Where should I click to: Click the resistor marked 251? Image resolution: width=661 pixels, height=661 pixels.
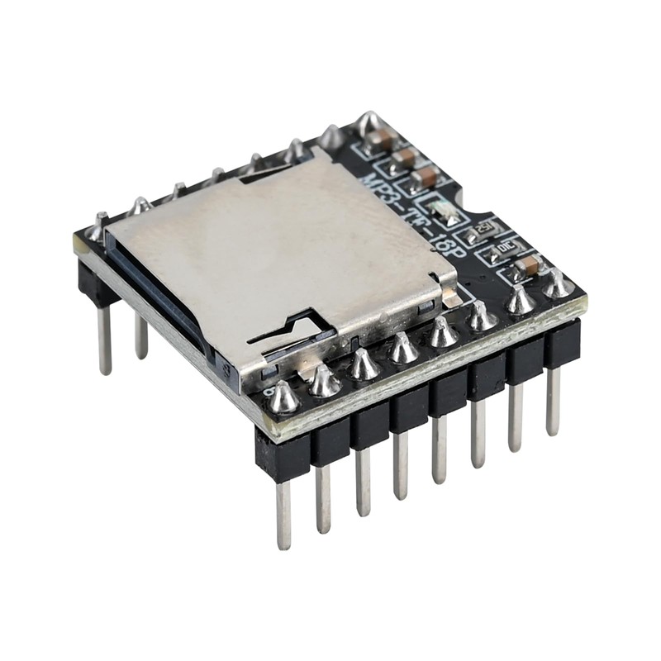pos(484,227)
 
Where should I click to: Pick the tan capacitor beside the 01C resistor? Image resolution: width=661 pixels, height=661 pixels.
pos(527,266)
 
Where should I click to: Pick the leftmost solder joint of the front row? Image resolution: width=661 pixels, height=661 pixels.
pos(283,397)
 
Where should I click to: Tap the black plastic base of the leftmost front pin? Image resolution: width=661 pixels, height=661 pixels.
pos(282,454)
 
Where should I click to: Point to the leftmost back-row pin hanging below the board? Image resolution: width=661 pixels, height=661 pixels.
pos(104,339)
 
